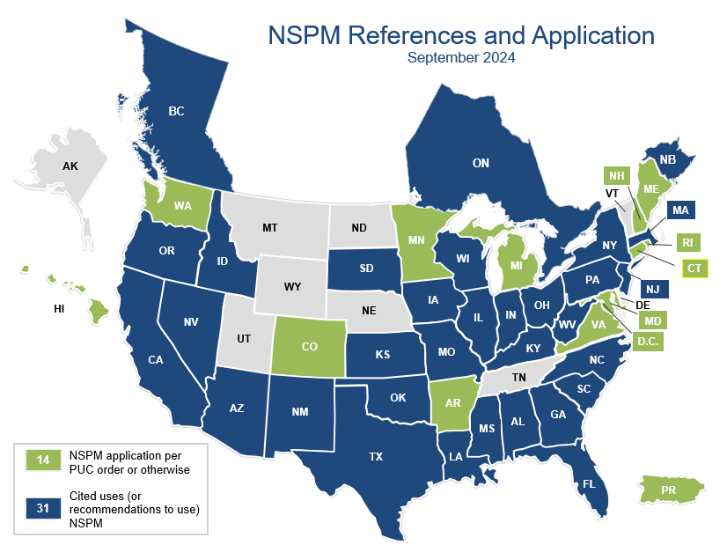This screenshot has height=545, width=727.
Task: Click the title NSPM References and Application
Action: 460,36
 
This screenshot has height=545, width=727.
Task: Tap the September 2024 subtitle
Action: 460,59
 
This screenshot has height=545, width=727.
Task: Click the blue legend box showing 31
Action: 43,509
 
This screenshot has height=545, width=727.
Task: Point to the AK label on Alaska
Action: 70,166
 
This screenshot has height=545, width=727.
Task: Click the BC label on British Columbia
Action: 176,112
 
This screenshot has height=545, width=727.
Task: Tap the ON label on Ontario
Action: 481,163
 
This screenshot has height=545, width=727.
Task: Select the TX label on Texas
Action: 376,456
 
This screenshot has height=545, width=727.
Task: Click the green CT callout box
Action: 694,269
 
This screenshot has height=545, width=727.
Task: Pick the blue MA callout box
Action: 679,210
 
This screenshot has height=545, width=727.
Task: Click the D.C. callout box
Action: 648,340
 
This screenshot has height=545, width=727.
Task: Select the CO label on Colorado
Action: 309,347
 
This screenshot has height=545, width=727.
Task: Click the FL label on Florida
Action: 587,484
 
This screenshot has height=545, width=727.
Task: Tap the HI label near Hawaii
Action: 60,309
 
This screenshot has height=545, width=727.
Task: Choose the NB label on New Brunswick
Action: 667,159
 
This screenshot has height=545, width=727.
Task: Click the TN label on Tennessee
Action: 519,377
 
